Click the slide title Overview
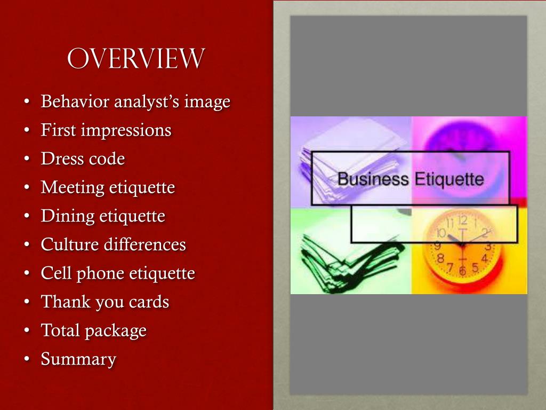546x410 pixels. tap(135, 59)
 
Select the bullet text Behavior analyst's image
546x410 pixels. tap(135, 101)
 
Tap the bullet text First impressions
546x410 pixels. tap(106, 130)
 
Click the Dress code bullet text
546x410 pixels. tap(83, 159)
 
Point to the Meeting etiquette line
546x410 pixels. tap(108, 187)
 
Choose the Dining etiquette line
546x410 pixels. tap(103, 216)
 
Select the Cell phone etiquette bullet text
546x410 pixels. tap(118, 273)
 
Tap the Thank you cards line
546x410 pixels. tap(105, 302)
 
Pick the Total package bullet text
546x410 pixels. tap(93, 330)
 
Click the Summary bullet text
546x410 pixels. tap(78, 359)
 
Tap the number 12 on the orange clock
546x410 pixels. tap(462, 220)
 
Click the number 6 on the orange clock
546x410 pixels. tap(462, 271)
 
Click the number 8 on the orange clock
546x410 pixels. tap(440, 258)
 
